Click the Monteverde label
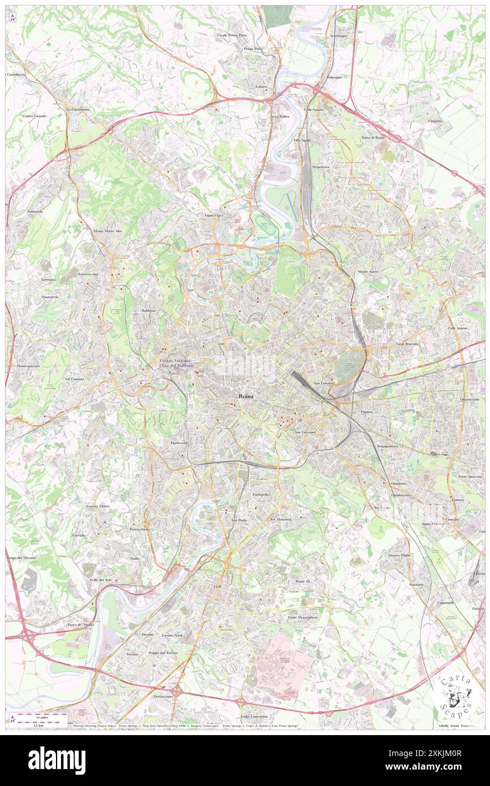179,442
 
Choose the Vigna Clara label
214,215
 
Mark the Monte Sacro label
368,271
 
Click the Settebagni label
338,36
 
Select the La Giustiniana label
78,109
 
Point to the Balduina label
148,310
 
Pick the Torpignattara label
388,446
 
